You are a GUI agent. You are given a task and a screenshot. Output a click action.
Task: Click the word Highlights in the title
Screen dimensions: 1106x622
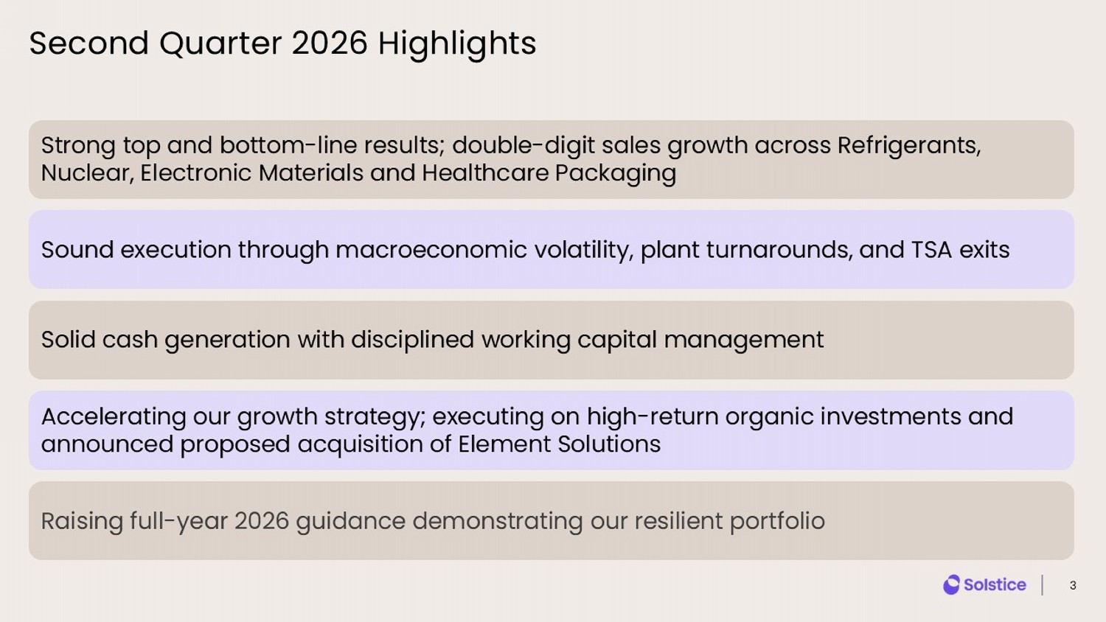457,44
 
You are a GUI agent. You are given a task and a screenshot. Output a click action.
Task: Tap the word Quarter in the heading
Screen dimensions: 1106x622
220,43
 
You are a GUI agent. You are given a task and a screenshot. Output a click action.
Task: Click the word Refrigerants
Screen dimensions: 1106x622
909,146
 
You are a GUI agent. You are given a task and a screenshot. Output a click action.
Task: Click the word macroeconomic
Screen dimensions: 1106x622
431,250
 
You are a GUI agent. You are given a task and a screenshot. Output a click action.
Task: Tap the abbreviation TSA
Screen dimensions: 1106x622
931,250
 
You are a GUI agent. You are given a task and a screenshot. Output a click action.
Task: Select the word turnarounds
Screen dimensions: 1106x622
779,250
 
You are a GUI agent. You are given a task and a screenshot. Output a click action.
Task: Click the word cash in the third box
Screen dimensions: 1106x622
130,340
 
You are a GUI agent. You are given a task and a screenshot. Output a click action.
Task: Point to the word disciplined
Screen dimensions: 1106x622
412,340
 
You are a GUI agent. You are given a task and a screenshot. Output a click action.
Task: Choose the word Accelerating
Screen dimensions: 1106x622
114,417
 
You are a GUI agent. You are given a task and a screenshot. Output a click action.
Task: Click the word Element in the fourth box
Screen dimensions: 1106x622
504,444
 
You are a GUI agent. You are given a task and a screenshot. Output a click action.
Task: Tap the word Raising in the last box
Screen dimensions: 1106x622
81,522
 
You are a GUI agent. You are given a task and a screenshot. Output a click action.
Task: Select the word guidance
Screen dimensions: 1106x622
350,522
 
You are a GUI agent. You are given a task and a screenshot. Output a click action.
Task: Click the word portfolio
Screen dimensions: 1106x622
777,522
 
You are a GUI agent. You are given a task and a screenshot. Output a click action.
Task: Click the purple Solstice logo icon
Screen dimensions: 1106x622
951,585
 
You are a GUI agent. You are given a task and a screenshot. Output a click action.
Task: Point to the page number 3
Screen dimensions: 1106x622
1072,585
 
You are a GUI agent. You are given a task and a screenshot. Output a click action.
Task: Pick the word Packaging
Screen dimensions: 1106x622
615,174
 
